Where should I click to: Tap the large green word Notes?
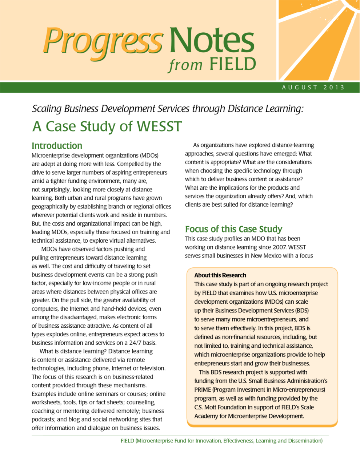click(x=212, y=41)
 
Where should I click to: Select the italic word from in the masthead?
click(x=185, y=65)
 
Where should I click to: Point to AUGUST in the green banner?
click(x=300, y=88)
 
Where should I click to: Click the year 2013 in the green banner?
click(x=333, y=88)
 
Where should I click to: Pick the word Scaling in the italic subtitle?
click(x=47, y=109)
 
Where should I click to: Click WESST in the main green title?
click(x=159, y=126)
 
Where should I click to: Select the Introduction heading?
click(x=57, y=146)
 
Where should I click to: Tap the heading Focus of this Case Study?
click(x=233, y=229)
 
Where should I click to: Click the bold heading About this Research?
click(x=220, y=275)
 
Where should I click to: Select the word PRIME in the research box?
click(x=203, y=390)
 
